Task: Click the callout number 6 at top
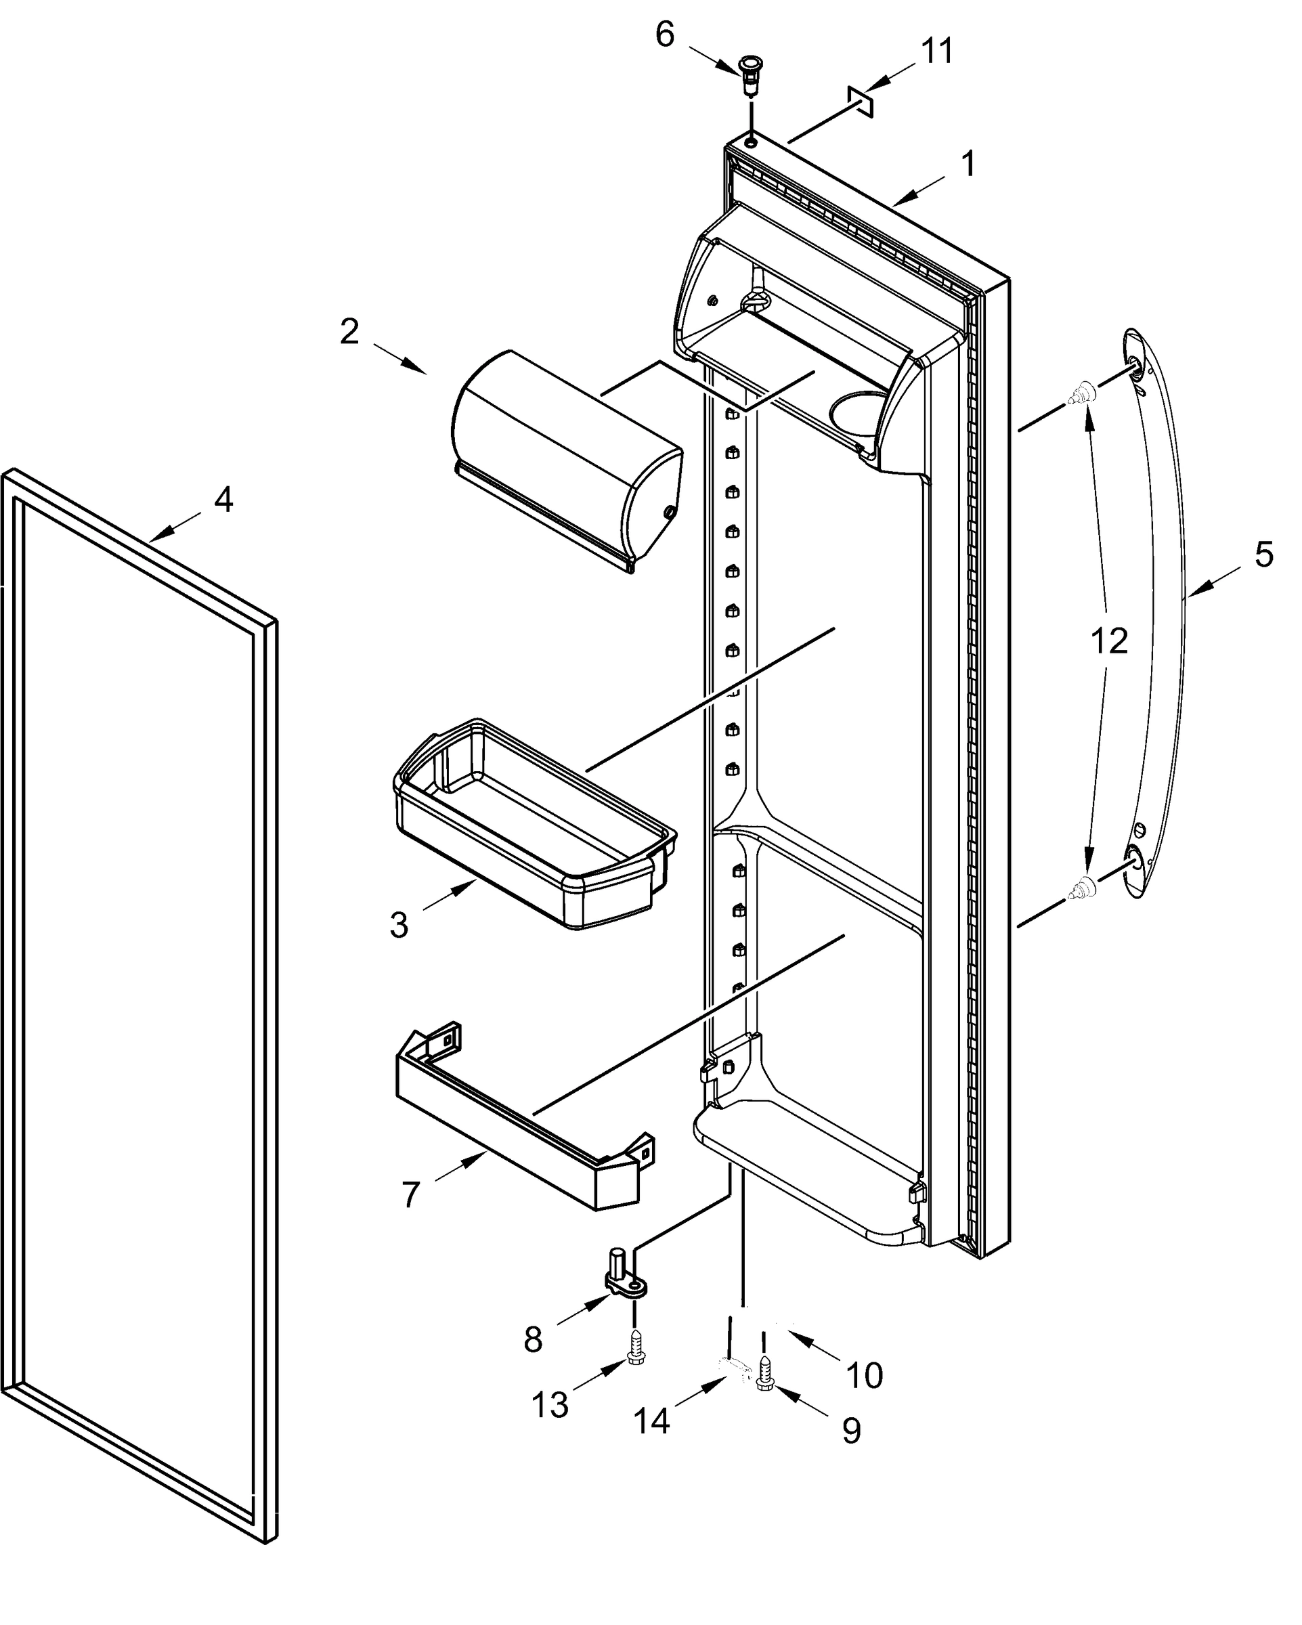point(664,35)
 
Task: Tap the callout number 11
point(937,52)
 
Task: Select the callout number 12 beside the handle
point(1109,641)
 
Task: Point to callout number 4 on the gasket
point(223,500)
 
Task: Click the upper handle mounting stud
point(1082,394)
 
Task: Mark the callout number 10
point(864,1376)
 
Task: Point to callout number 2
point(349,332)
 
